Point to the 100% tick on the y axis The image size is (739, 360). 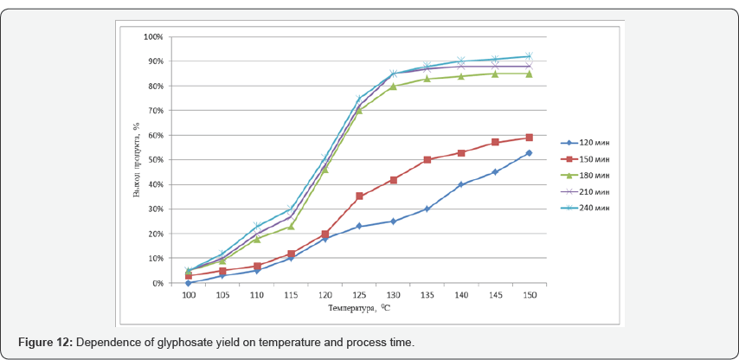pyautogui.click(x=152, y=36)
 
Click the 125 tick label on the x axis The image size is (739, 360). pyautogui.click(x=359, y=295)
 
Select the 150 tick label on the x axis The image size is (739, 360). pyautogui.click(x=529, y=295)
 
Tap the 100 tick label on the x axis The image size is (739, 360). pyautogui.click(x=189, y=295)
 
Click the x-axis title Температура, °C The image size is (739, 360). pyautogui.click(x=358, y=308)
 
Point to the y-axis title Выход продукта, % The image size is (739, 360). pyautogui.click(x=136, y=160)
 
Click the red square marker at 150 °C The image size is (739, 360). pyautogui.click(x=529, y=138)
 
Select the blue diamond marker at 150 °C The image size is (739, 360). pyautogui.click(x=529, y=153)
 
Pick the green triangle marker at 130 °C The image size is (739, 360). pyautogui.click(x=393, y=86)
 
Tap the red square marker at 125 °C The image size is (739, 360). pyautogui.click(x=359, y=196)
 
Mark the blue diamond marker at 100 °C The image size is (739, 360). pyautogui.click(x=189, y=283)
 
